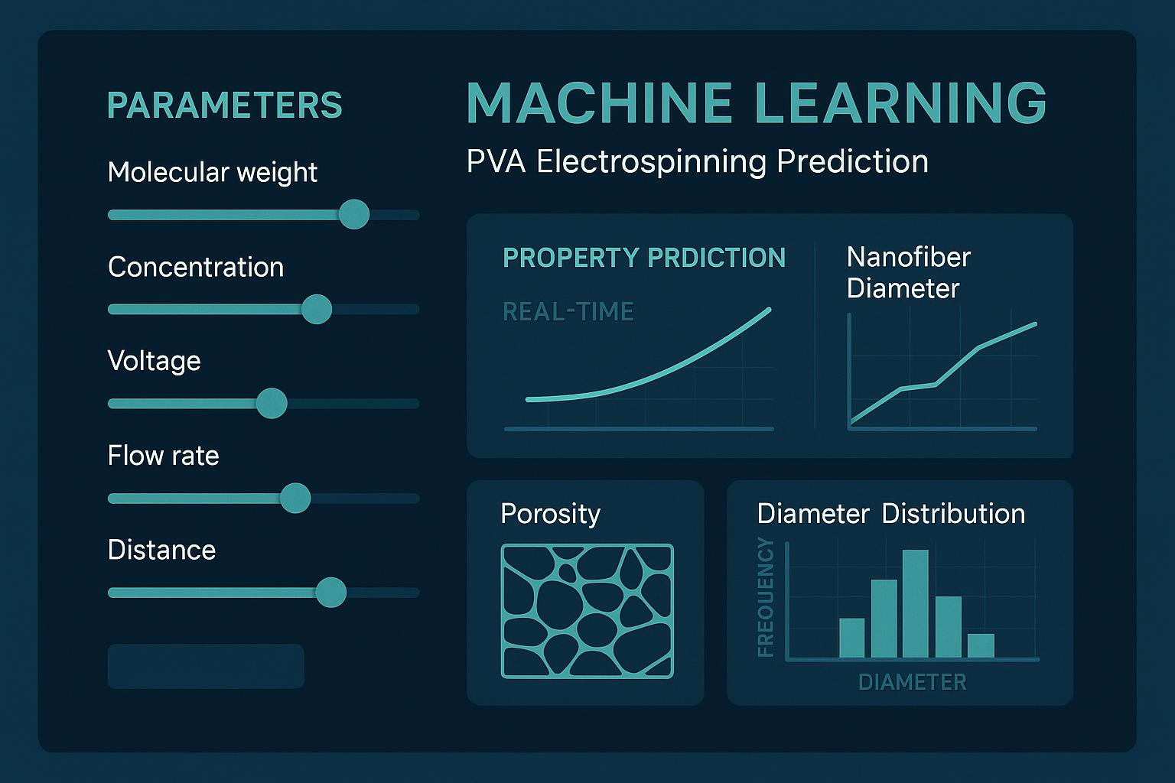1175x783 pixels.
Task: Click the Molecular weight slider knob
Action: pos(353,214)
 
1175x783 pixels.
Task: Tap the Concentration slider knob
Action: pos(316,309)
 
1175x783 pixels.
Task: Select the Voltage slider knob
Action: pos(271,403)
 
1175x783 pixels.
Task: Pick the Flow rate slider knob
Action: pos(295,498)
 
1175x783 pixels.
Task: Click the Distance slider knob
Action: pos(330,593)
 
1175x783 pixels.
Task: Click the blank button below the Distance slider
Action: pos(206,666)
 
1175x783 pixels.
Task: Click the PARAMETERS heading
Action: pos(225,106)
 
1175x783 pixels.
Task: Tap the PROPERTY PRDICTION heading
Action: pos(644,258)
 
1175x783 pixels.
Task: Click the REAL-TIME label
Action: pos(568,311)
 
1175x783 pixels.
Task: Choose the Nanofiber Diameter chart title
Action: pos(908,272)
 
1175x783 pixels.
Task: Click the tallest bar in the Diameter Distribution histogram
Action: pos(916,603)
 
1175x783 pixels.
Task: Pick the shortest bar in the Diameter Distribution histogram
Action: pos(981,645)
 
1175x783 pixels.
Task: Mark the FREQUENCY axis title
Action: pos(766,597)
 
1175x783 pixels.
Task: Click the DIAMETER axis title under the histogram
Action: pos(913,682)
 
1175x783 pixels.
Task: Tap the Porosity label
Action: pos(550,513)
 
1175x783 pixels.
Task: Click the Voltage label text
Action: pos(155,360)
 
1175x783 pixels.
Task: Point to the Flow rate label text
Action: pos(163,456)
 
